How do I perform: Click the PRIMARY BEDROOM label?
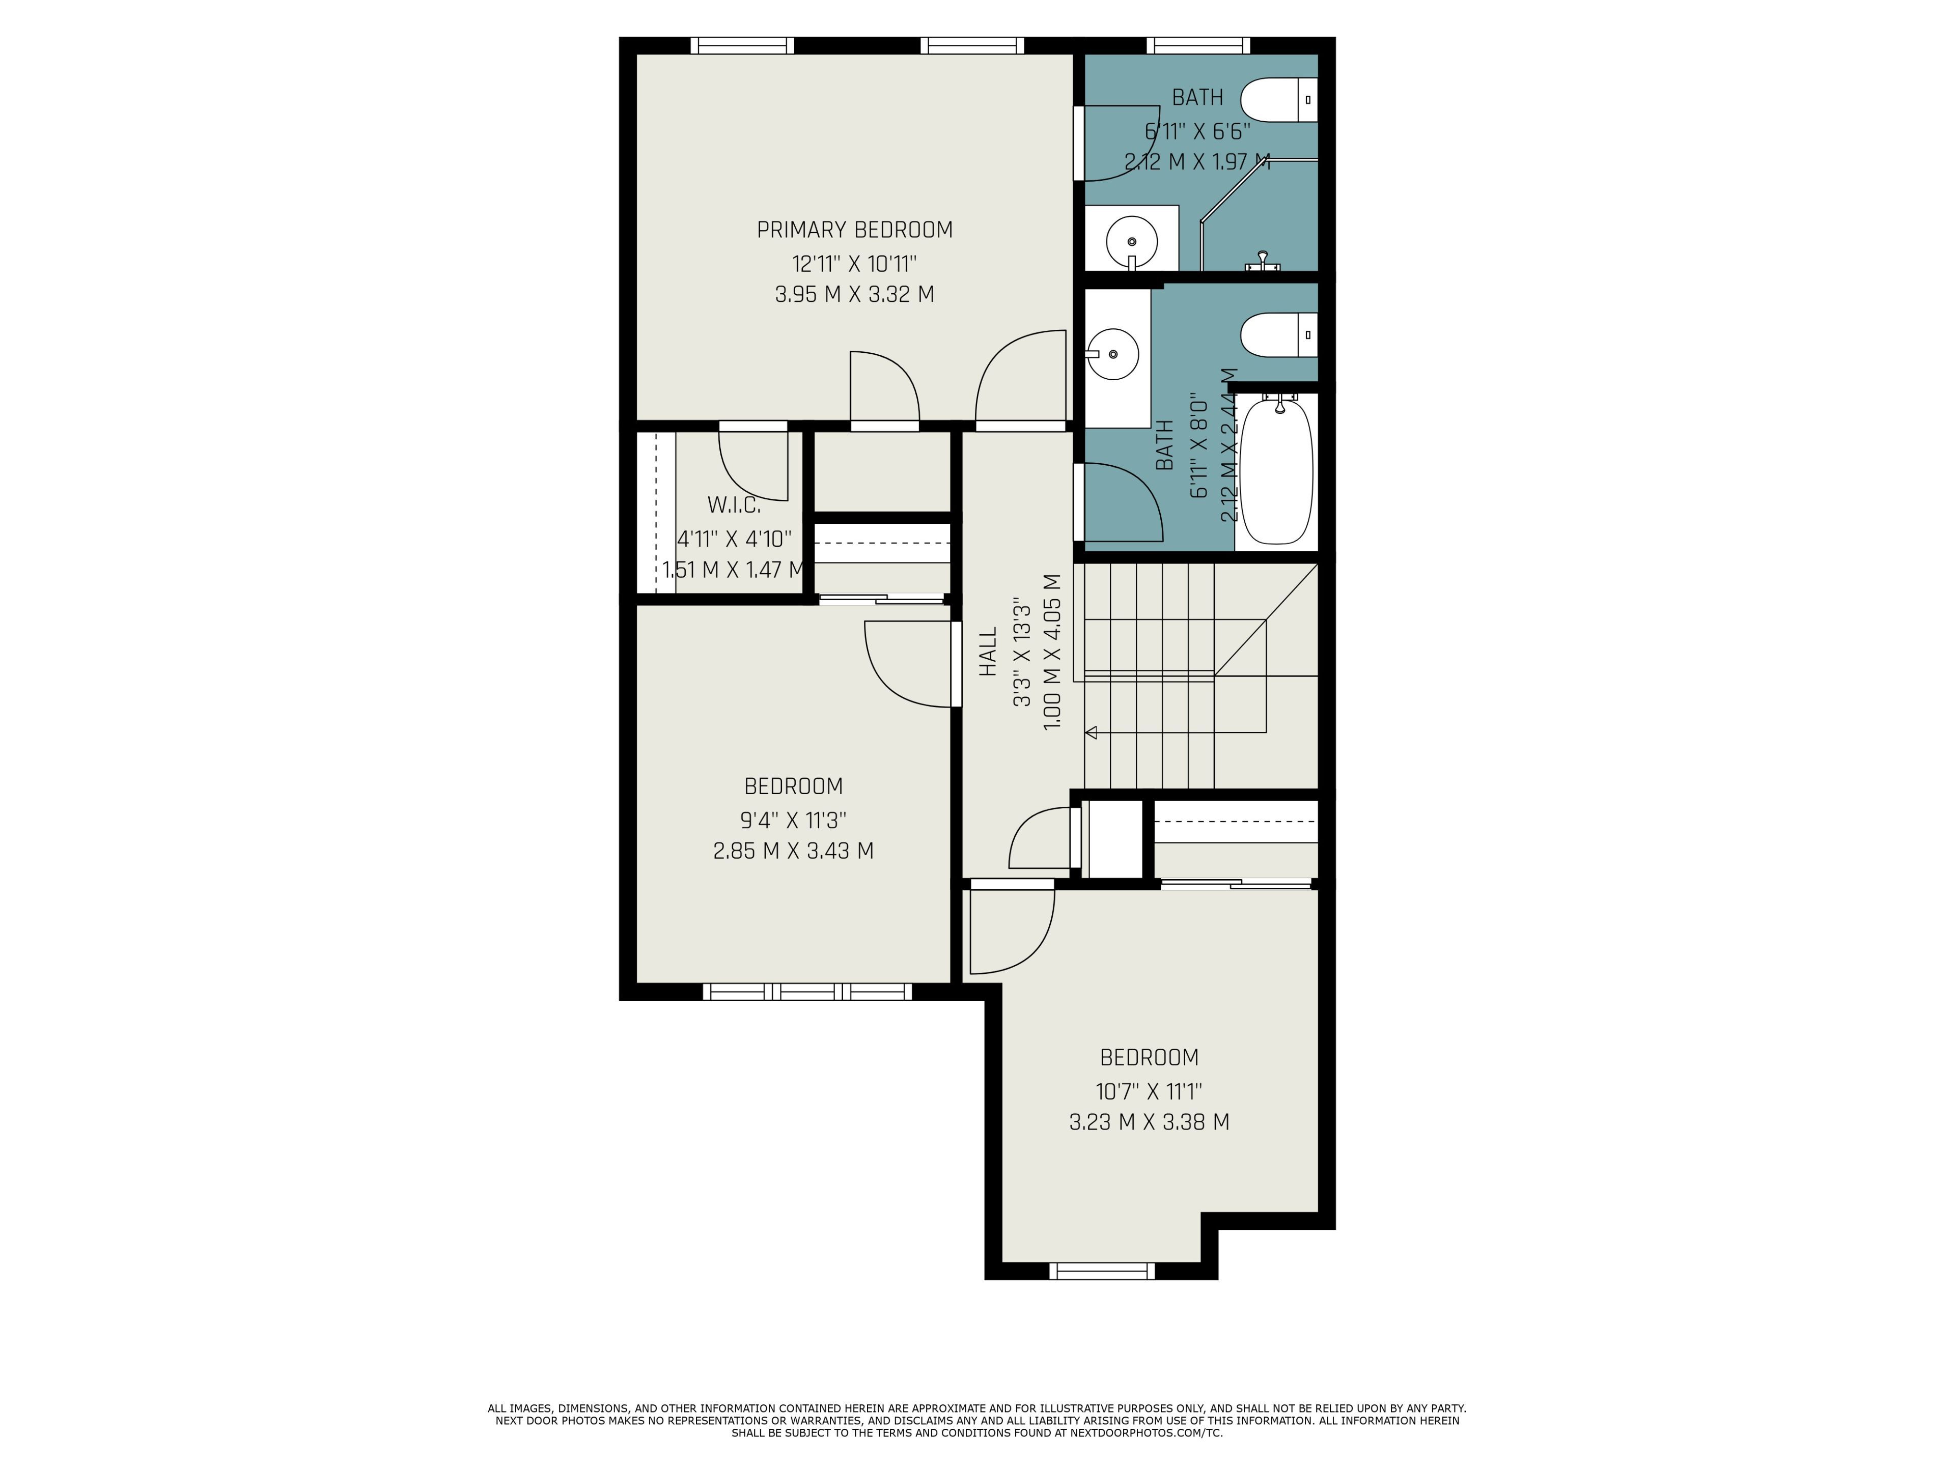click(855, 230)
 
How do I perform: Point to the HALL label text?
click(988, 652)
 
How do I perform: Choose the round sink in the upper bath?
click(1131, 240)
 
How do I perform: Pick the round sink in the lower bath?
click(1112, 353)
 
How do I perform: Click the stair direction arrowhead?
click(1092, 732)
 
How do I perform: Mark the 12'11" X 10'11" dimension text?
click(855, 263)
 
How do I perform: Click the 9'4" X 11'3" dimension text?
click(794, 820)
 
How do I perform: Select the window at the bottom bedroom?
click(1102, 1271)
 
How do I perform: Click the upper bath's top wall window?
click(1198, 46)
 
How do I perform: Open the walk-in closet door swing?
click(753, 466)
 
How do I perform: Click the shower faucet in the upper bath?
click(1263, 262)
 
